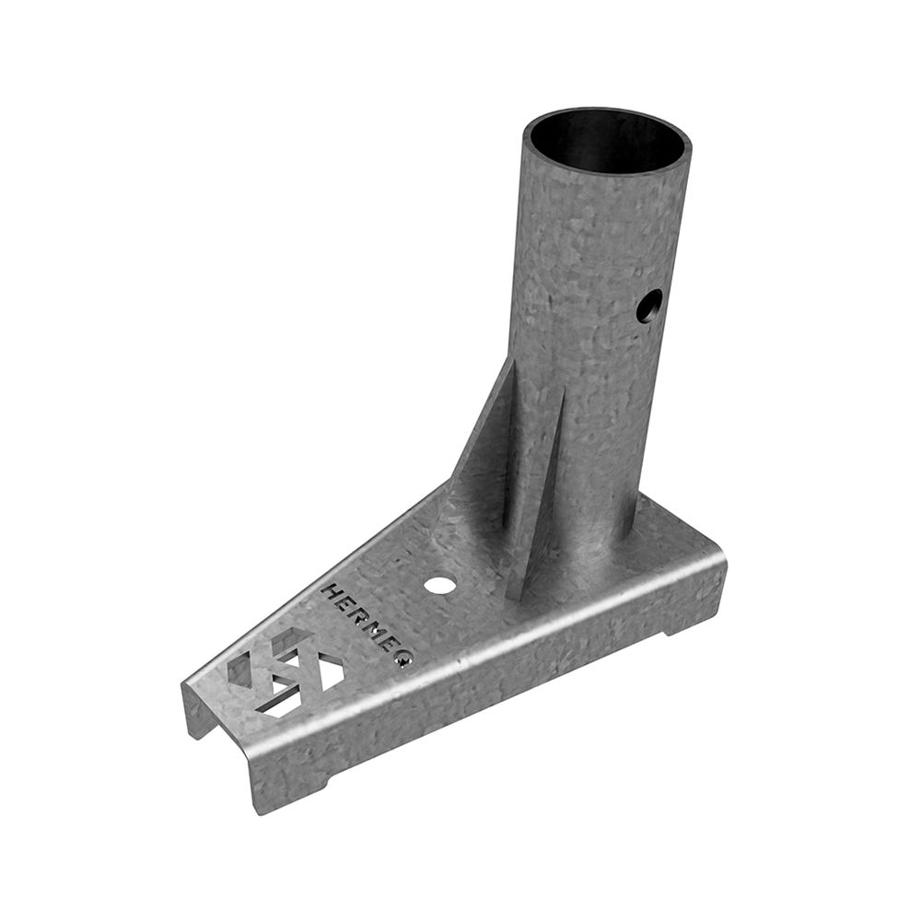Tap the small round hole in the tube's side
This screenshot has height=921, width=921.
click(x=648, y=306)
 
